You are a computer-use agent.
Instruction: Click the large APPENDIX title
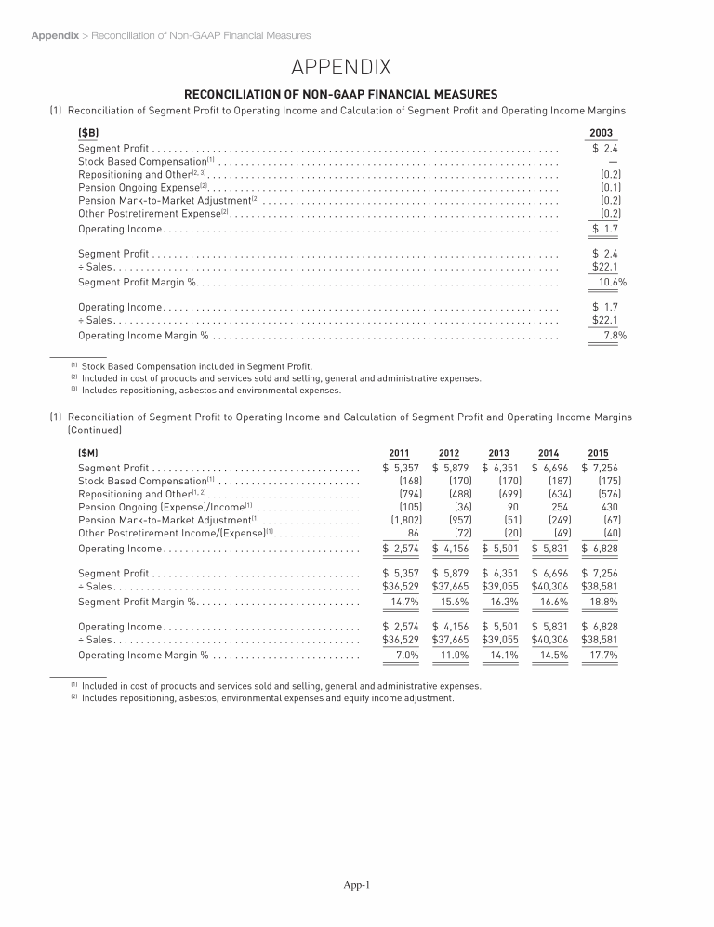pyautogui.click(x=356, y=67)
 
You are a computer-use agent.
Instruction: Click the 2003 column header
pyautogui.click(x=601, y=132)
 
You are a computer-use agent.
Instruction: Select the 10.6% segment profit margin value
pyautogui.click(x=612, y=282)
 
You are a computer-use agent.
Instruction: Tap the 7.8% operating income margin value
pyautogui.click(x=615, y=336)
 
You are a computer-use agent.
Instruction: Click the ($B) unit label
pyautogui.click(x=89, y=132)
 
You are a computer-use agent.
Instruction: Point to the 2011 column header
pyautogui.click(x=399, y=452)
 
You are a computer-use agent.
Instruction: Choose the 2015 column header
pyautogui.click(x=598, y=452)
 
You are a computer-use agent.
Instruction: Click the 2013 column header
pyautogui.click(x=498, y=452)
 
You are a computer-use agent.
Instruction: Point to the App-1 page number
pyautogui.click(x=357, y=884)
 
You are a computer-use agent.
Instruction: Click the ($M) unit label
pyautogui.click(x=89, y=452)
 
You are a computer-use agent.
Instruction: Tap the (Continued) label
pyautogui.click(x=96, y=430)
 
